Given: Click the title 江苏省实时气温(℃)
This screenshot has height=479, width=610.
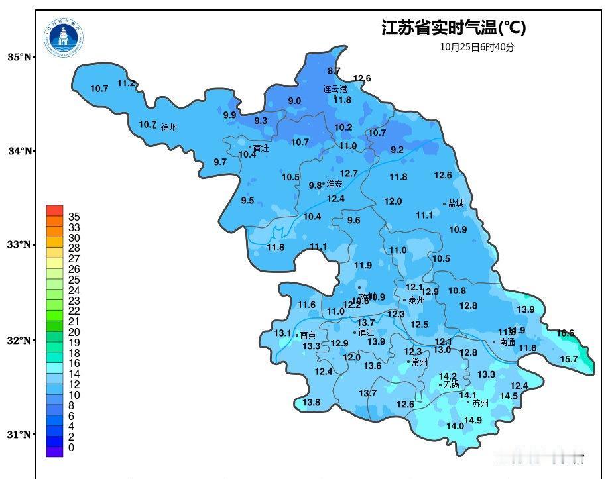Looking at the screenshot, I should click(454, 28).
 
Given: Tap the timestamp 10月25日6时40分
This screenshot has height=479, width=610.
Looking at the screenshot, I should click(477, 47).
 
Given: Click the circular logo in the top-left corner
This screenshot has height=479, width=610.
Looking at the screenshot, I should click(64, 38).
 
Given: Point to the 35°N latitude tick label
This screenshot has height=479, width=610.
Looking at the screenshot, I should click(19, 58).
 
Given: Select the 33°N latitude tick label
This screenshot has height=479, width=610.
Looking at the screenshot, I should click(19, 245).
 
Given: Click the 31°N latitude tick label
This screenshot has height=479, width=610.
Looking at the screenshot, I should click(19, 435).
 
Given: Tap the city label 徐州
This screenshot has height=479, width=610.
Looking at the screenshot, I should click(170, 127).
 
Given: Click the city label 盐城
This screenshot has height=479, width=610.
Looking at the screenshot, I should click(456, 204).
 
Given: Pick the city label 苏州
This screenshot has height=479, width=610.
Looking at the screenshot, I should click(480, 403).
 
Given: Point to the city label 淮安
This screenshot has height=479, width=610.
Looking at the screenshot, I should click(334, 184).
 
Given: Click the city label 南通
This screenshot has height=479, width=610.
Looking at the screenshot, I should click(507, 343).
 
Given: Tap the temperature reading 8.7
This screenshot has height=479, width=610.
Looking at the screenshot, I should click(334, 71).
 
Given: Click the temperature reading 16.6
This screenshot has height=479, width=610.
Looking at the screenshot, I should click(565, 333).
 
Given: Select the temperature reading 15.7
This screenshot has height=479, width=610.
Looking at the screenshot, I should click(569, 359).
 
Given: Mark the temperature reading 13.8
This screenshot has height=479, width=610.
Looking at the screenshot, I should click(311, 402).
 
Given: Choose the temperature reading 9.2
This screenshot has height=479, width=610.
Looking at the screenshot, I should click(397, 150).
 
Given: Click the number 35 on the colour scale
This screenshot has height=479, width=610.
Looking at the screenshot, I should click(74, 217).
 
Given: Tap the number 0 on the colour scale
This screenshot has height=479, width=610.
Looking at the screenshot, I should click(70, 448).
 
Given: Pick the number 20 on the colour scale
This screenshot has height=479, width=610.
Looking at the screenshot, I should click(74, 332).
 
